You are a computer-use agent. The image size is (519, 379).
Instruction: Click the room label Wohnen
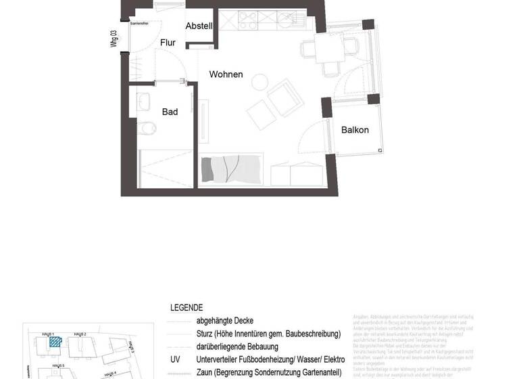click(x=226, y=74)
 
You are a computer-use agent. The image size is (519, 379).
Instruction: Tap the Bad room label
click(x=170, y=112)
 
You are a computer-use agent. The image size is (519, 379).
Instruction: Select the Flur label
click(x=168, y=43)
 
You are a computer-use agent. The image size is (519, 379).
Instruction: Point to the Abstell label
click(x=199, y=26)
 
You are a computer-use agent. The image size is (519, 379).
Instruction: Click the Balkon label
click(x=355, y=130)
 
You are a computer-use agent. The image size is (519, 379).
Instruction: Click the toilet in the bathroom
click(x=146, y=127)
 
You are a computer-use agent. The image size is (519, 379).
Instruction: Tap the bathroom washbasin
click(x=145, y=102)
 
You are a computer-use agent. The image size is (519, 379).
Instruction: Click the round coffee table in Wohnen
click(x=259, y=83)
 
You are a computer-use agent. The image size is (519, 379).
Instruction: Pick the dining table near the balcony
click(x=330, y=48)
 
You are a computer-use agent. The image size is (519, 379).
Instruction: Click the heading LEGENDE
click(x=186, y=308)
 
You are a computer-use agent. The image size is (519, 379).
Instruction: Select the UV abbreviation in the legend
click(x=175, y=359)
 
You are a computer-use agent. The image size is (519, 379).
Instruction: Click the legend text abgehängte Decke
click(x=224, y=321)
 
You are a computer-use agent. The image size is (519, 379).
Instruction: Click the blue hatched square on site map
click(x=55, y=342)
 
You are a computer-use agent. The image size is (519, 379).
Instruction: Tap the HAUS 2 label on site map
click(x=80, y=334)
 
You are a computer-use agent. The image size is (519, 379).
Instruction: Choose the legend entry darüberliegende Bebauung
click(x=237, y=347)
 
